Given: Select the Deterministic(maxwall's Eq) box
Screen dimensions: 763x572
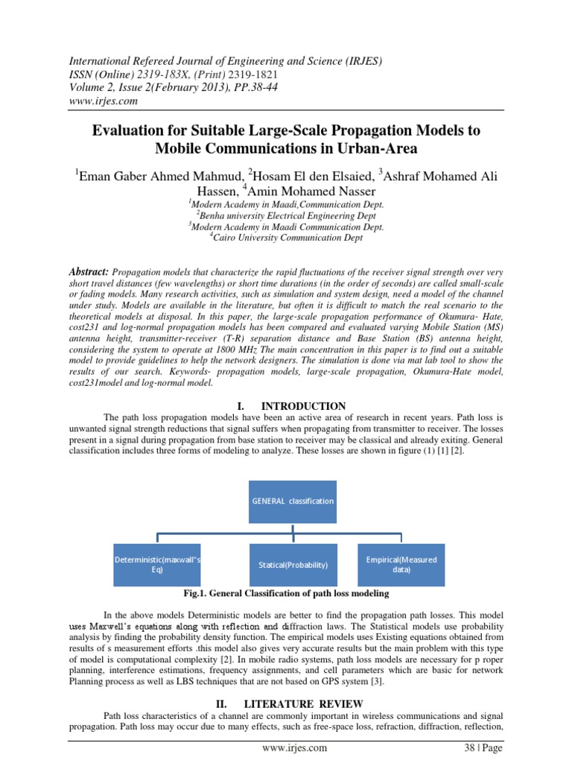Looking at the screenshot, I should click(x=157, y=564).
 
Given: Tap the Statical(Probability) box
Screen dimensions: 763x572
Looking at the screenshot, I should click(x=293, y=564).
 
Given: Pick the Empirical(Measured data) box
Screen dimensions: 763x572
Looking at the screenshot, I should click(x=401, y=564).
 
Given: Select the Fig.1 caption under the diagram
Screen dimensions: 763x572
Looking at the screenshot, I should click(x=286, y=594).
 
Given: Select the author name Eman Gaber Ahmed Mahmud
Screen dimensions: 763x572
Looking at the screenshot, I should click(x=159, y=176).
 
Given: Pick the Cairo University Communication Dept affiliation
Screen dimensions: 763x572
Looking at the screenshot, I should click(x=286, y=238).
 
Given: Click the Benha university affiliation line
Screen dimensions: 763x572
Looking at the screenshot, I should click(x=286, y=215).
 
